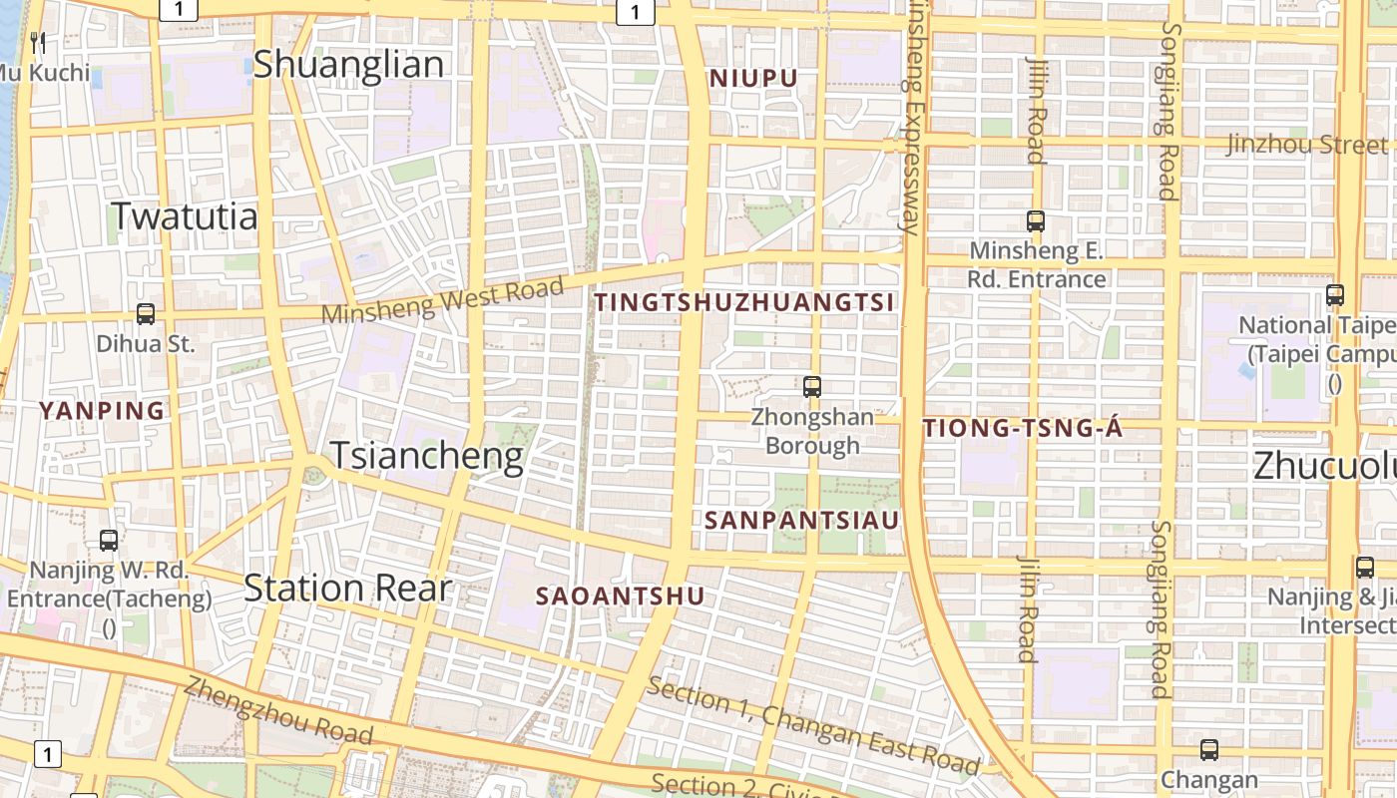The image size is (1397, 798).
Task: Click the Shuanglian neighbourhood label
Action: pyautogui.click(x=348, y=65)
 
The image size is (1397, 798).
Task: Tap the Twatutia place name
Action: pyautogui.click(x=184, y=216)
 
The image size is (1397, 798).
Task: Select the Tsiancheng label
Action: pyautogui.click(x=426, y=456)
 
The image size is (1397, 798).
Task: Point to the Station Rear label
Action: pyautogui.click(x=347, y=589)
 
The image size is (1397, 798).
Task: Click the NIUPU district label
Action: pyautogui.click(x=753, y=78)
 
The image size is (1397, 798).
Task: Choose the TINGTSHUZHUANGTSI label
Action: pyautogui.click(x=744, y=302)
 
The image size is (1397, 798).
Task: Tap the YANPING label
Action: pyautogui.click(x=101, y=410)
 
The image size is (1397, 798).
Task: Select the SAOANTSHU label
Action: pyautogui.click(x=620, y=597)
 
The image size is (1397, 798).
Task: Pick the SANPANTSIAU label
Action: pyautogui.click(x=801, y=520)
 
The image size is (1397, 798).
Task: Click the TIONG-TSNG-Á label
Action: pyautogui.click(x=1023, y=429)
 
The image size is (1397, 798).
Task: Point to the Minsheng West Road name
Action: pyautogui.click(x=442, y=300)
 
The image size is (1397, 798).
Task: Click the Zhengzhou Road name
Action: pyautogui.click(x=278, y=711)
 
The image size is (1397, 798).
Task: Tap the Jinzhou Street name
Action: pyautogui.click(x=1306, y=145)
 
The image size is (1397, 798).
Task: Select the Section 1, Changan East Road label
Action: pyautogui.click(x=812, y=725)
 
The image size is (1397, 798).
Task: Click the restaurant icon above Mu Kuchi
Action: pyautogui.click(x=39, y=42)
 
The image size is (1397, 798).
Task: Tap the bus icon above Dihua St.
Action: pyautogui.click(x=146, y=314)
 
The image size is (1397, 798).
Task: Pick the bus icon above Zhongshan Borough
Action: pyautogui.click(x=812, y=387)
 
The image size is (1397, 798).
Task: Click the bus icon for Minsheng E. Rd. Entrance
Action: pyautogui.click(x=1036, y=221)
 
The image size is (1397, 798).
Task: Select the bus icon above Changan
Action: pyautogui.click(x=1209, y=749)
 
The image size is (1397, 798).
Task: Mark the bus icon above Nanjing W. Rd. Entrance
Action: pyautogui.click(x=109, y=541)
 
